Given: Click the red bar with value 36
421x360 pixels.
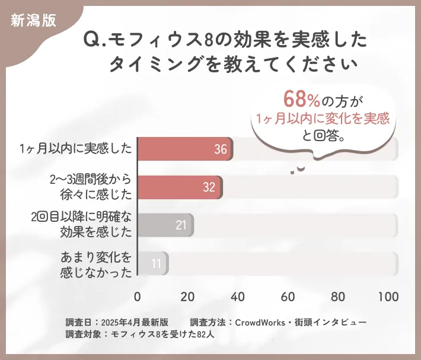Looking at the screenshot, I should (184, 149).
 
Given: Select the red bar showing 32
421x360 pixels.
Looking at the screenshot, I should (180, 187).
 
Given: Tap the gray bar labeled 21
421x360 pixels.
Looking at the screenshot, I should (165, 225).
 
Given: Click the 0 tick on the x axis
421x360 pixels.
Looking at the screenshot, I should (138, 297).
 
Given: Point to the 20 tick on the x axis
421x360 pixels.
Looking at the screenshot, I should (188, 297).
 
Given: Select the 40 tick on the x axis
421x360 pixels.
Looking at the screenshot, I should (238, 297).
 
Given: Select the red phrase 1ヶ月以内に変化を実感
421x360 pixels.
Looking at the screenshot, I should (323, 117).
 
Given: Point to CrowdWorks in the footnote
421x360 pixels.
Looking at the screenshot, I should (259, 322).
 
